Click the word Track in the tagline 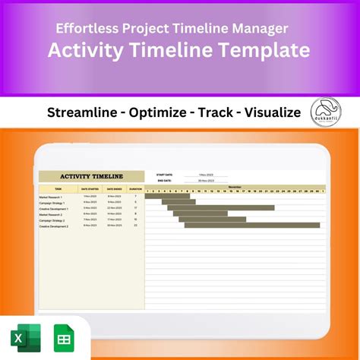[x=216, y=113]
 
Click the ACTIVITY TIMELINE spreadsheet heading [x=91, y=176]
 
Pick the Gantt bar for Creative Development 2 [x=251, y=226]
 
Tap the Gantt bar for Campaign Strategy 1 [x=179, y=202]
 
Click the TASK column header [x=58, y=188]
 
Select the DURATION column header [x=134, y=188]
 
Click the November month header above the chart [x=235, y=185]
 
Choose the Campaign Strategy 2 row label [x=55, y=220]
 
